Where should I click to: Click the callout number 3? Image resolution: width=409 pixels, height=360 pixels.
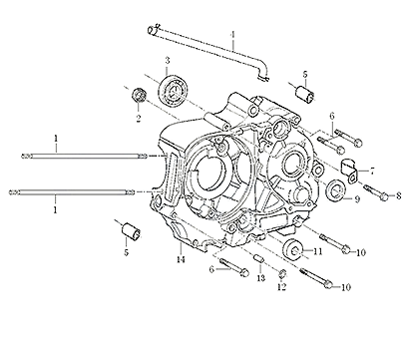point(168,61)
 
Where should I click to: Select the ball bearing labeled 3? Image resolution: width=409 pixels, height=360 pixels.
point(173,90)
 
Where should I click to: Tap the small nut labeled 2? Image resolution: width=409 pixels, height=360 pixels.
point(138,95)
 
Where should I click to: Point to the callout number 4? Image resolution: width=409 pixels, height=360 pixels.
point(233,34)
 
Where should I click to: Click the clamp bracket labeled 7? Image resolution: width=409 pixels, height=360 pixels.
point(349,170)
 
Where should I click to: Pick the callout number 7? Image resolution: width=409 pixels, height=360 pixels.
point(372,172)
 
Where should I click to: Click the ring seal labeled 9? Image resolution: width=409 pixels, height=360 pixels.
point(336,190)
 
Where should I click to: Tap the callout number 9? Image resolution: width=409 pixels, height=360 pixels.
point(357,199)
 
